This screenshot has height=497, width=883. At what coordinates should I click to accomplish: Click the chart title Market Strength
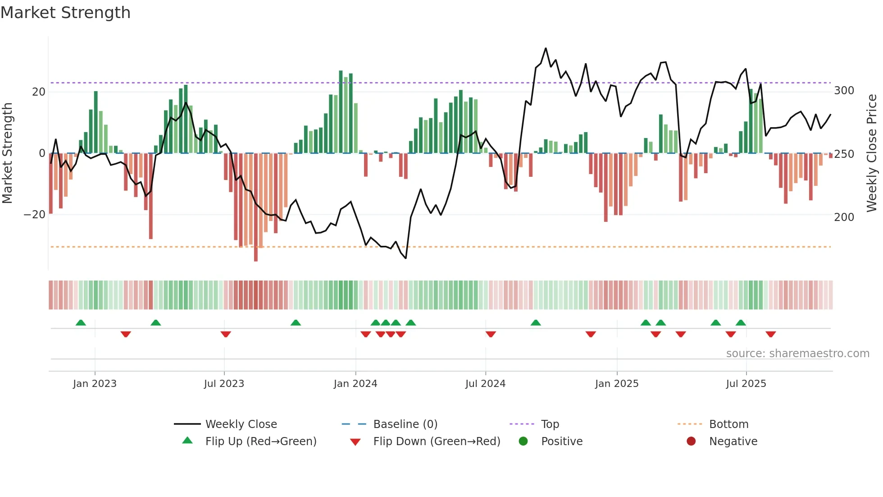point(65,13)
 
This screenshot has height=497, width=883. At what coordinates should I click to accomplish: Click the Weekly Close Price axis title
point(872,153)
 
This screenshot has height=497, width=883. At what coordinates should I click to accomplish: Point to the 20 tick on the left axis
point(39,92)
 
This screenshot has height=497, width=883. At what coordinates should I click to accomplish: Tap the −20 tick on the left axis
point(35,215)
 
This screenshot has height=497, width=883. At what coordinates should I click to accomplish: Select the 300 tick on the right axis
point(844,91)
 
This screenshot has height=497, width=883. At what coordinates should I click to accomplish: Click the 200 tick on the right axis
point(844,217)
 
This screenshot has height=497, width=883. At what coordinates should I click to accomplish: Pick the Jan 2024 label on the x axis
point(355,384)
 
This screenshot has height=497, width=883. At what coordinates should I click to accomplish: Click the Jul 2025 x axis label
point(746,384)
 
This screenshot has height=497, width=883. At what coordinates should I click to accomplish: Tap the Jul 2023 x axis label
point(224,384)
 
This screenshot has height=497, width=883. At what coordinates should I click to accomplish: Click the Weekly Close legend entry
point(241,424)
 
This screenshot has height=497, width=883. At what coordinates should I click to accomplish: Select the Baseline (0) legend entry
point(405,424)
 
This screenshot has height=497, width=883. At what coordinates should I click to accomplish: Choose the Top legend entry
point(550,424)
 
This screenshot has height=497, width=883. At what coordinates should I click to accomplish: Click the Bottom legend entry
point(728,424)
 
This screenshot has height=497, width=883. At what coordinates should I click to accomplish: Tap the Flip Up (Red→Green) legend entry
point(261,442)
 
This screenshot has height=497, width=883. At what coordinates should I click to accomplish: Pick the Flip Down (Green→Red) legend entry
point(437,442)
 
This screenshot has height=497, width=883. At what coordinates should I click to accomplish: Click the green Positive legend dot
point(523,441)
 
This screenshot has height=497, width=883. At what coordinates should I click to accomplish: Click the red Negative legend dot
point(691,441)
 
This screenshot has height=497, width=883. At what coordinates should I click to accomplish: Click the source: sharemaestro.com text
point(797,354)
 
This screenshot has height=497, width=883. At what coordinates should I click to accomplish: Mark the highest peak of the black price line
point(546,48)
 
